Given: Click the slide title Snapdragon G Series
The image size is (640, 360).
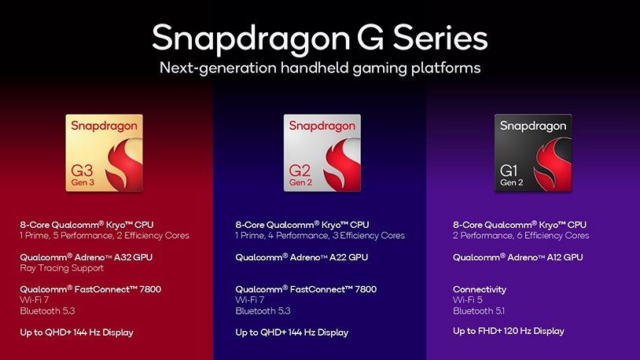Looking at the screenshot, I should coord(319,37).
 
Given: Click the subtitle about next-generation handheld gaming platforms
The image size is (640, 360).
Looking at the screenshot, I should coord(319,68).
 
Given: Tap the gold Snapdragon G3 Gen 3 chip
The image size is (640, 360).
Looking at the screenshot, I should coord(105,153).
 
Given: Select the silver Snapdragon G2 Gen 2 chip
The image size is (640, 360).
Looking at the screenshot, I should coord(322,153).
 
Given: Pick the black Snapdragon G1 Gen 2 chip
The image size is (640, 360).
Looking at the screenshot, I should coord(532,153).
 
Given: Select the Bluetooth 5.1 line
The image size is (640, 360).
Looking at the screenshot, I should coord(477,311).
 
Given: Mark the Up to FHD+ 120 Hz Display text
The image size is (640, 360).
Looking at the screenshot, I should coord(508,331).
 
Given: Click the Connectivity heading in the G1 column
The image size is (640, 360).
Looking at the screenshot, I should coord(479,289).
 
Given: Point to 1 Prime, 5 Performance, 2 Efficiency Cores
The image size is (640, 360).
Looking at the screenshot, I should coord(104,235).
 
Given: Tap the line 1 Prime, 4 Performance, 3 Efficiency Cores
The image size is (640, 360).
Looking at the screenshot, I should coord(319,235).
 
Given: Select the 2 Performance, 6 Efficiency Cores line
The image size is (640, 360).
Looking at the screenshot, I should coord(520,235).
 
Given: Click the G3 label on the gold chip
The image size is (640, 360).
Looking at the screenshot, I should coord(82,169).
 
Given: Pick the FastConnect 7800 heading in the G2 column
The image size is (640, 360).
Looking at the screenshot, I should coord(305,289).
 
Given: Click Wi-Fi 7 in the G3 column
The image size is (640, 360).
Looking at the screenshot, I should coord(34,300).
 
